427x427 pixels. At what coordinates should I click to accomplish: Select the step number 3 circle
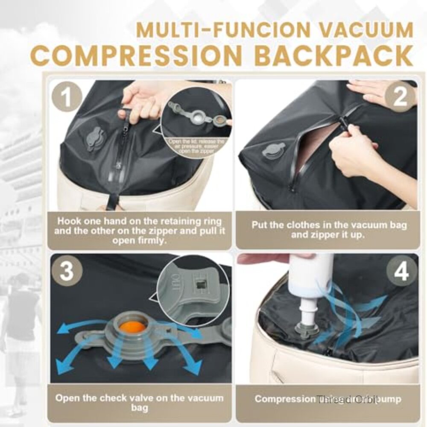click(x=66, y=272)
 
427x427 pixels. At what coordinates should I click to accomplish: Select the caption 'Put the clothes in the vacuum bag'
click(x=329, y=230)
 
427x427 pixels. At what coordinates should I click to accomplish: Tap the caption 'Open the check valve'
click(x=140, y=403)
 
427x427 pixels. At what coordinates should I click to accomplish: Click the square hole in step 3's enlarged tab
click(x=199, y=284)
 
